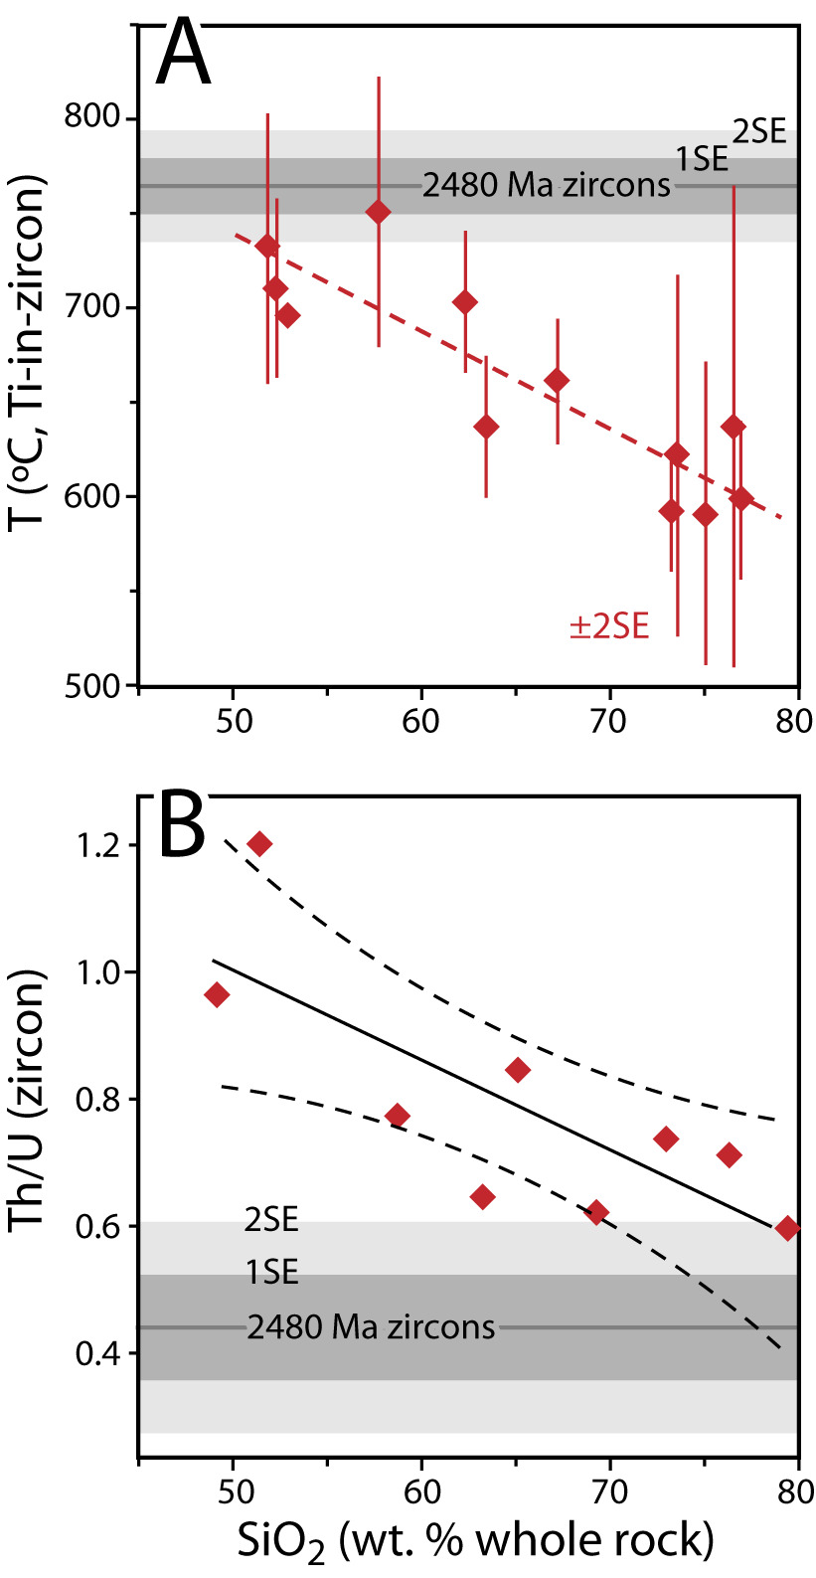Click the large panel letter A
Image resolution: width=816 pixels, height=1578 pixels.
[185, 55]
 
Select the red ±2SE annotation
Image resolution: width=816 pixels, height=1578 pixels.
[608, 627]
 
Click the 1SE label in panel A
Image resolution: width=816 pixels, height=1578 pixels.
[703, 159]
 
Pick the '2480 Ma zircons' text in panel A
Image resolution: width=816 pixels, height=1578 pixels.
[546, 185]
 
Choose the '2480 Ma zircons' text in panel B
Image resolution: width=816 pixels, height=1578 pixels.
[371, 1327]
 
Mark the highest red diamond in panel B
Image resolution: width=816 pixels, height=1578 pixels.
[259, 844]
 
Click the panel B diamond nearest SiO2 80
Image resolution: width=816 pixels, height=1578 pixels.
[787, 1228]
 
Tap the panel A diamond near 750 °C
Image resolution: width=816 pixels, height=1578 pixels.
[378, 212]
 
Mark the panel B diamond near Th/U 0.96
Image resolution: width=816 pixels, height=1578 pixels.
[217, 994]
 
